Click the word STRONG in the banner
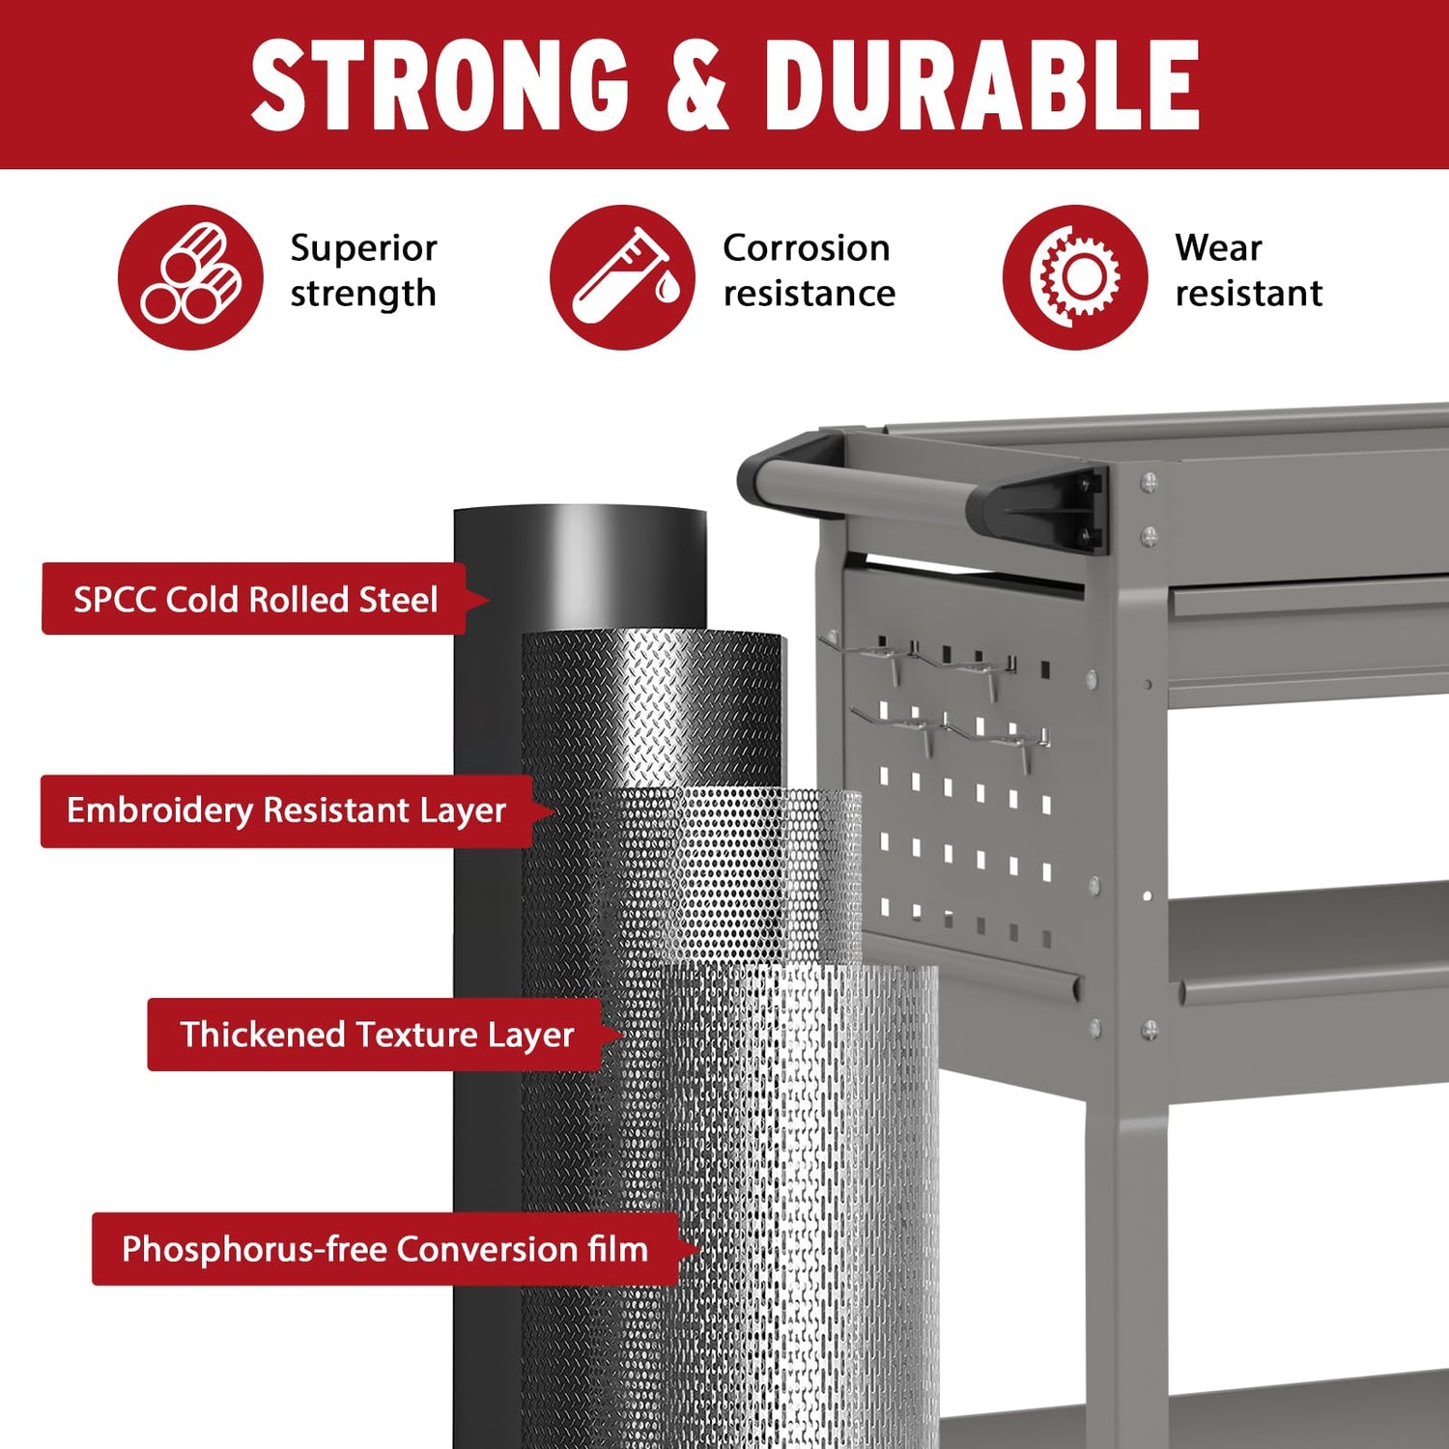click(440, 86)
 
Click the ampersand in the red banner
click(696, 86)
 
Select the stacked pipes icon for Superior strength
click(190, 277)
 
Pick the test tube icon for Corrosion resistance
click(622, 277)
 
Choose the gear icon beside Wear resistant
click(1074, 277)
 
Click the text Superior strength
click(363, 270)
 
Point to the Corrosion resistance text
click(809, 270)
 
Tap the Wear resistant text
click(1248, 270)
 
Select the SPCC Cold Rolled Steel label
click(256, 599)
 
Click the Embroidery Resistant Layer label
click(287, 810)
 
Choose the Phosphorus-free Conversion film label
click(385, 1249)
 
